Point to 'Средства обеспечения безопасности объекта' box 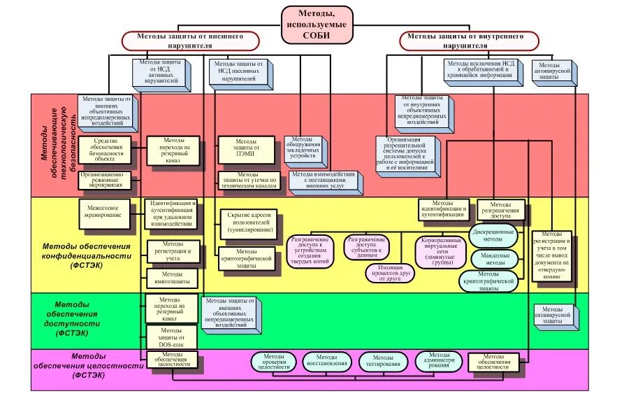coord(107,148)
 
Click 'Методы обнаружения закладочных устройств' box coord(303,148)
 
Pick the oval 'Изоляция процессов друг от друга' coord(391,273)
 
